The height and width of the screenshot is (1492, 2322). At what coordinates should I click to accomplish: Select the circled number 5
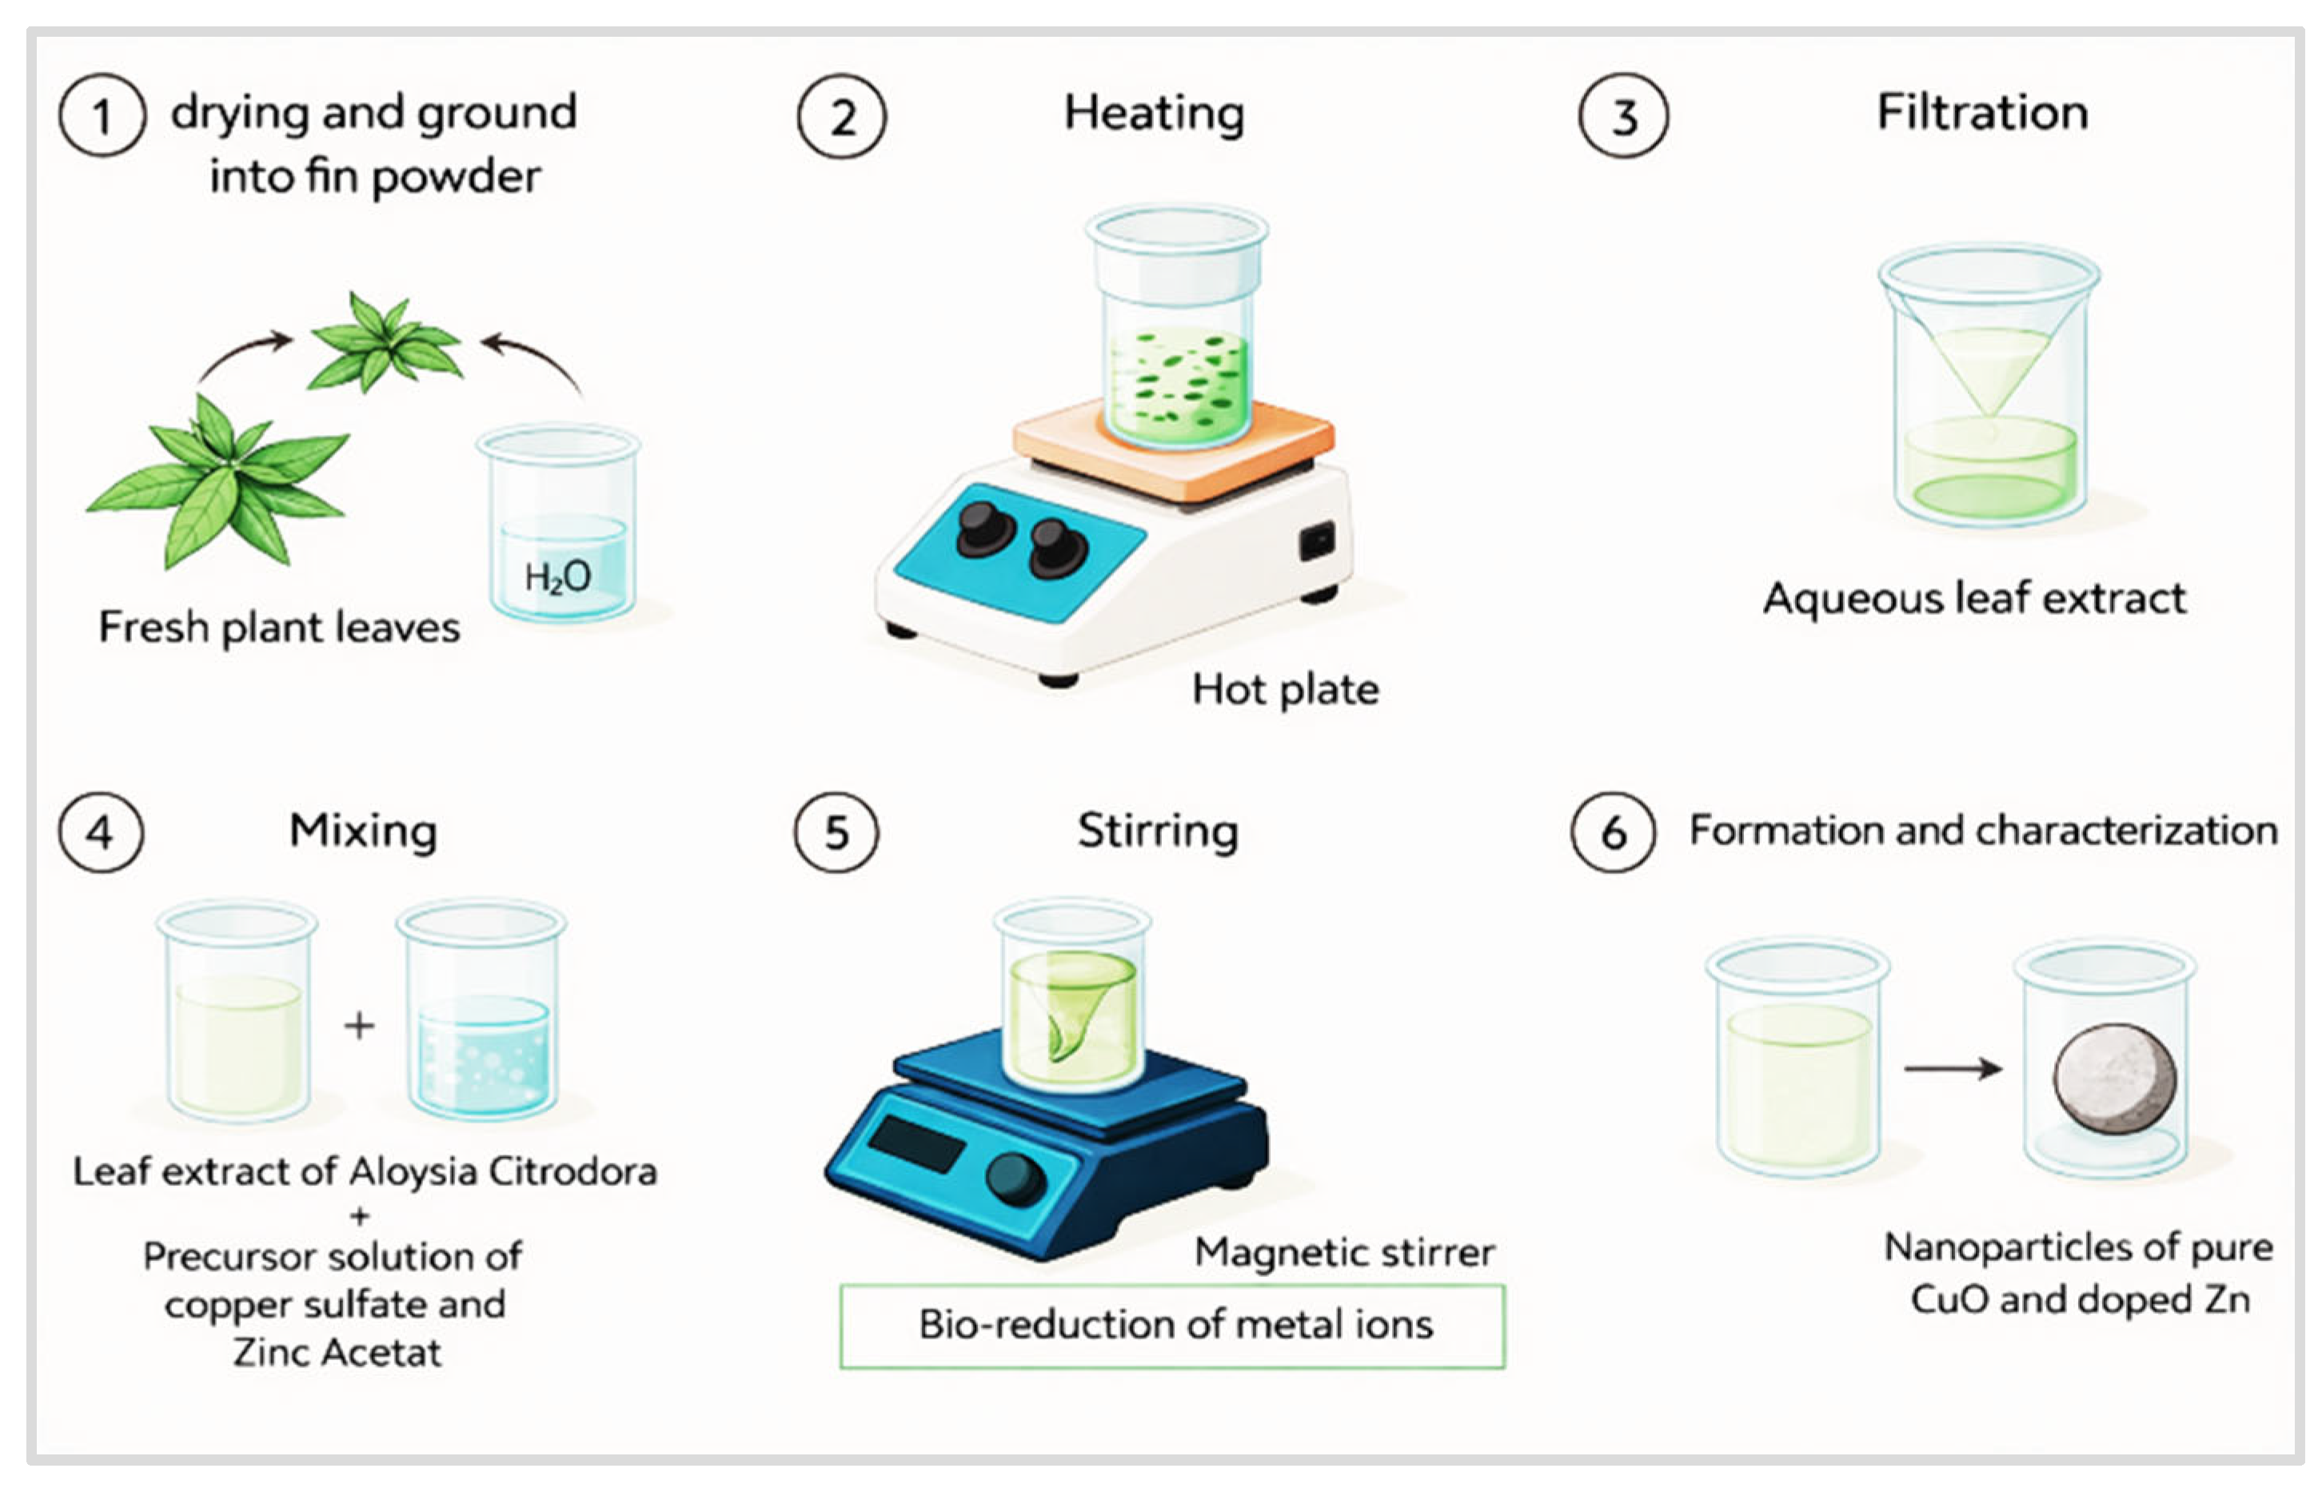pos(836,832)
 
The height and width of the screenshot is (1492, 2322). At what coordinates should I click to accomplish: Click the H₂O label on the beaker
pos(557,578)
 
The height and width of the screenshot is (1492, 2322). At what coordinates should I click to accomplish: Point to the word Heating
pos(1154,114)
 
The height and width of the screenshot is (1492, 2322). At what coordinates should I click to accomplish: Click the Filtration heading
pos(1982,113)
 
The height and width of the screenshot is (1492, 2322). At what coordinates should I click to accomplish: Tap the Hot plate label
pos(1284,690)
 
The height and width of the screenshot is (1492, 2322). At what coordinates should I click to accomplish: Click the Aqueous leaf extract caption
pos(1974,599)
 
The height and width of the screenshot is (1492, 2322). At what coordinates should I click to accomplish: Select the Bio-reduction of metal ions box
pos(1172,1326)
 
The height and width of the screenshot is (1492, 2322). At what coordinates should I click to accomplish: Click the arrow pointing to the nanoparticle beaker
pos(1952,1068)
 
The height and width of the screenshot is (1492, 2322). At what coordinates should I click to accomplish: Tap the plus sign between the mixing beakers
pos(359,1025)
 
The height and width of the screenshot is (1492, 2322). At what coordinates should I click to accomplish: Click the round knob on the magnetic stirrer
pos(1014,1178)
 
